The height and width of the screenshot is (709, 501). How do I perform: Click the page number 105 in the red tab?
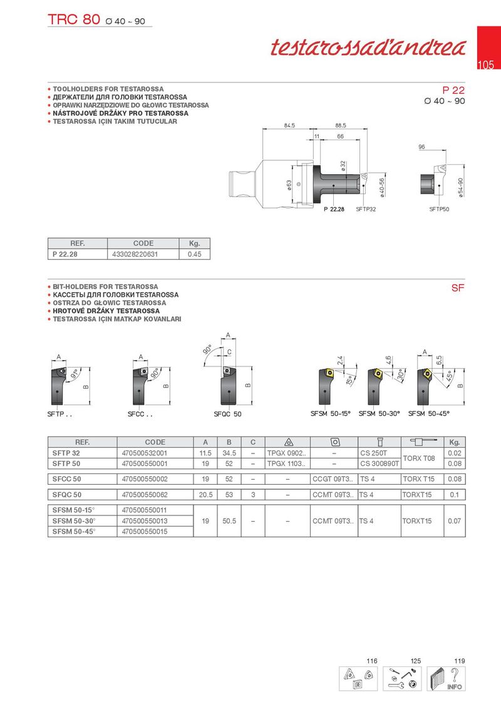click(x=486, y=65)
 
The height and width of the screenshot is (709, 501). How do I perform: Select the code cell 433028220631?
click(x=135, y=254)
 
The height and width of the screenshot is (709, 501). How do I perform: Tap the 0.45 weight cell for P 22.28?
click(x=194, y=254)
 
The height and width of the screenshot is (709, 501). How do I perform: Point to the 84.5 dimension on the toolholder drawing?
click(x=289, y=126)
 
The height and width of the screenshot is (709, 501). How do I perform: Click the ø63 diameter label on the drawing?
click(x=289, y=186)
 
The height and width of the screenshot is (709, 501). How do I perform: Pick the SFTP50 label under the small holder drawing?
click(x=439, y=209)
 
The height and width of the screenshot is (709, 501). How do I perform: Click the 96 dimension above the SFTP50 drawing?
click(x=421, y=147)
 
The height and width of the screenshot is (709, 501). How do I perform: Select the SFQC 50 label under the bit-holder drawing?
click(x=227, y=415)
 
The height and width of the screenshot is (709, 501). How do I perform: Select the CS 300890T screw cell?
click(x=380, y=463)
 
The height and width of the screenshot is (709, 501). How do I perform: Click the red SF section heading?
click(x=457, y=289)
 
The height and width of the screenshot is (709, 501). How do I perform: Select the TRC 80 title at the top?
click(x=74, y=19)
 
